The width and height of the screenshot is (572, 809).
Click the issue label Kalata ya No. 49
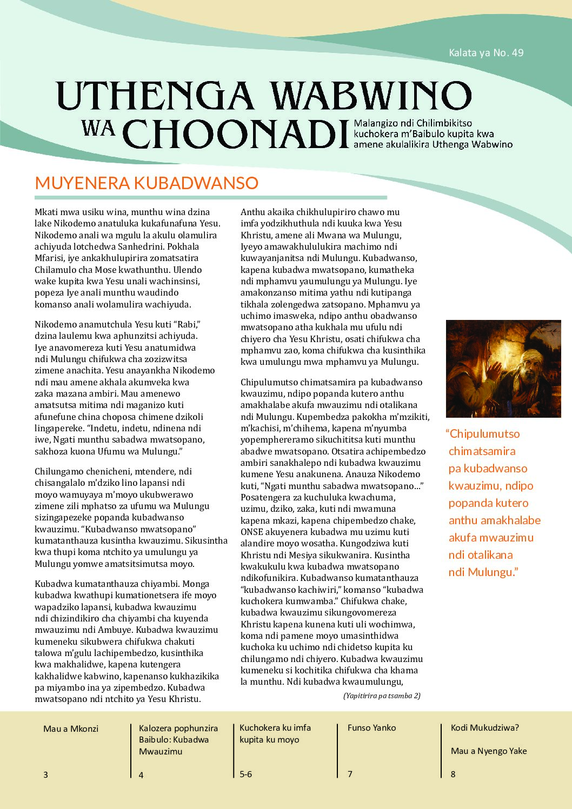[x=486, y=52]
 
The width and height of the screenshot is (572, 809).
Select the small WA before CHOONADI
[x=98, y=128]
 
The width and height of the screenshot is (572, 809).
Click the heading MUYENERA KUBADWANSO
[x=147, y=183]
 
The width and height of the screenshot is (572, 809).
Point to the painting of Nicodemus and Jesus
[x=503, y=369]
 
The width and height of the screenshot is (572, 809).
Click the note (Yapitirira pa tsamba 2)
[x=382, y=696]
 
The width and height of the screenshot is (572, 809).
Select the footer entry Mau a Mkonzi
[x=71, y=728]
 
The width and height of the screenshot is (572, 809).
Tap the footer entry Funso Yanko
[x=371, y=727]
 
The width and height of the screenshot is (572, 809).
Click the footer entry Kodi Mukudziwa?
[x=484, y=727]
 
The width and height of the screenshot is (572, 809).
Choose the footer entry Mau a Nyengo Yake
[x=488, y=751]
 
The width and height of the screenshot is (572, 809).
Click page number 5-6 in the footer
[x=245, y=774]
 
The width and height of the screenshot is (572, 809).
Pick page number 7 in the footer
[x=350, y=774]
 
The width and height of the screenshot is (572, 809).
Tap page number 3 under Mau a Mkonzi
[x=45, y=774]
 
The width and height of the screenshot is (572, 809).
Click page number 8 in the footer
[x=453, y=774]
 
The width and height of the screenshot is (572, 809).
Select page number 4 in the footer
[x=141, y=774]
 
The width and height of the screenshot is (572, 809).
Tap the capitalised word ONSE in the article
[x=251, y=532]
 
